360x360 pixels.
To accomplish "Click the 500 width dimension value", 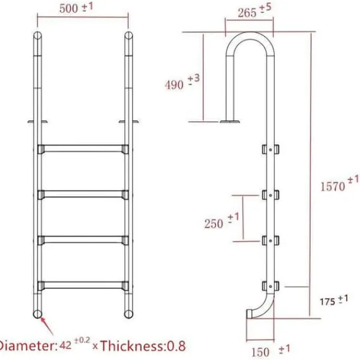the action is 68,9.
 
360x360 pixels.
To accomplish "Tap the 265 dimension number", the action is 247,13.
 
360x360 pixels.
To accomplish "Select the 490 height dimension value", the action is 174,85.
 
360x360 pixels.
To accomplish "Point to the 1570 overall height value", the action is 332,186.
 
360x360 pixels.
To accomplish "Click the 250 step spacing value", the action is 214,224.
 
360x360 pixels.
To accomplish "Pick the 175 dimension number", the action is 328,302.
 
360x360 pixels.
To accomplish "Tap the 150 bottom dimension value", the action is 260,352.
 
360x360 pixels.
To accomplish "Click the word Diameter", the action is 28,346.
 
